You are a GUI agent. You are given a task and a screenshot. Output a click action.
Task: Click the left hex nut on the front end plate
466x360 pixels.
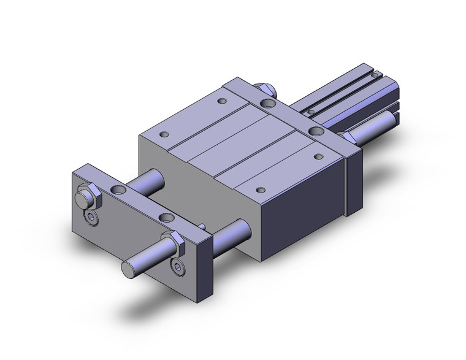pos(87,198)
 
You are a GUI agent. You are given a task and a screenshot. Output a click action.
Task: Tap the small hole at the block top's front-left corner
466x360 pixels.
pos(164,134)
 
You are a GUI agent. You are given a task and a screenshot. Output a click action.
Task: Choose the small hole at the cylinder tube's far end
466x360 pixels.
pos(373,77)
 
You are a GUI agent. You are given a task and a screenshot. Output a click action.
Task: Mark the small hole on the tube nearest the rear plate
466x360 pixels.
pos(311,112)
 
